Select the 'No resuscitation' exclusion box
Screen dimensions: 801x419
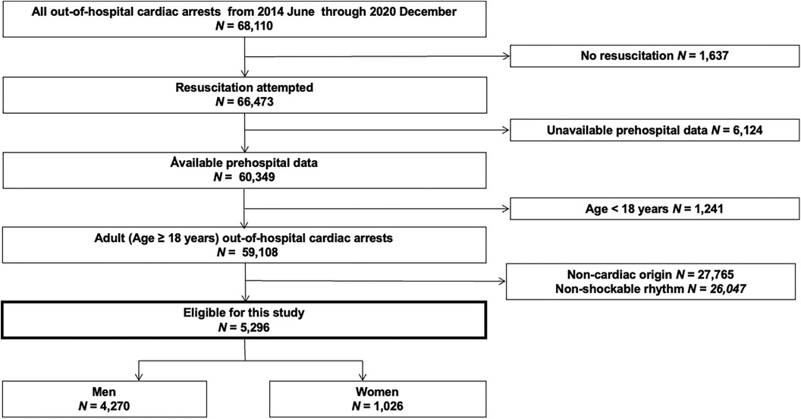655,55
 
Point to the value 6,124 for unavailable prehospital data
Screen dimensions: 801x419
745,131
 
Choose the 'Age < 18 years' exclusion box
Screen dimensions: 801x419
655,209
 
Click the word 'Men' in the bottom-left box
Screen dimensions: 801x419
104,392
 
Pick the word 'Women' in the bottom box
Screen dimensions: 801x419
378,392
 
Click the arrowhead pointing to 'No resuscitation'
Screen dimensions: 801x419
506,55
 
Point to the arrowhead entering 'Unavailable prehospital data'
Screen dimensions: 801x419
506,131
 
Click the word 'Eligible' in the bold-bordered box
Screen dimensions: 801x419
203,313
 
